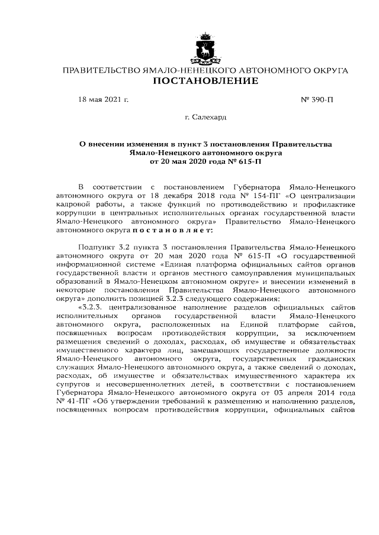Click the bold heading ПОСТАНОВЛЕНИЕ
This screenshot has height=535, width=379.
pos(205,81)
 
